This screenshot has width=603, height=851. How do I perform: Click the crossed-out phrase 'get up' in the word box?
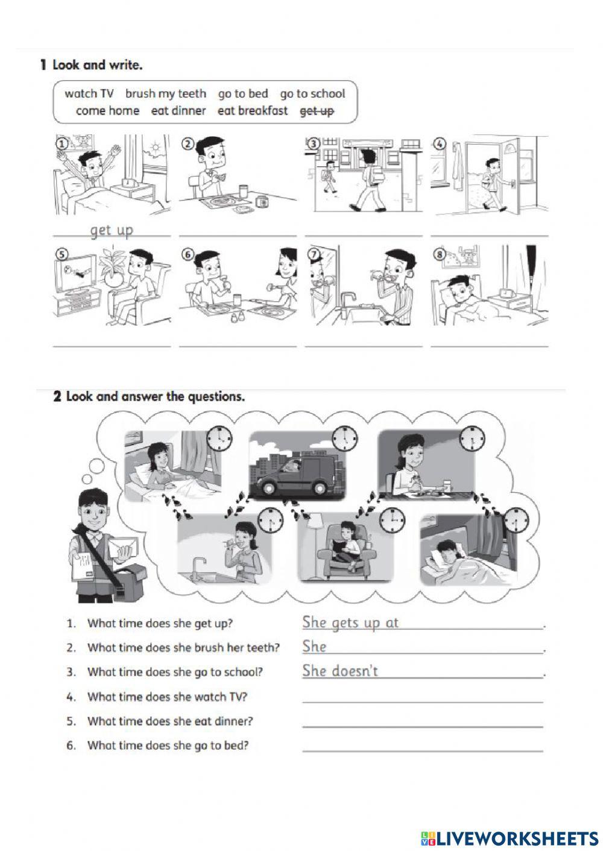[x=317, y=111]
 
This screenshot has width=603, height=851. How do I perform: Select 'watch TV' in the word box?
[x=89, y=93]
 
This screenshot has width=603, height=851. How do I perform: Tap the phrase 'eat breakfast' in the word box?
[x=252, y=111]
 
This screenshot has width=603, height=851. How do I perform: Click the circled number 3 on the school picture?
[x=314, y=143]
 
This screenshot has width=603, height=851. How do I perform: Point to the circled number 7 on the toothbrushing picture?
[x=314, y=254]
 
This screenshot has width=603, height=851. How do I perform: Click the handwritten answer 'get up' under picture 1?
[x=112, y=230]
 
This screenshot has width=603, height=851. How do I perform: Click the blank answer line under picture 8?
[x=489, y=345]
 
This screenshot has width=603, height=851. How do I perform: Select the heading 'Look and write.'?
[x=97, y=65]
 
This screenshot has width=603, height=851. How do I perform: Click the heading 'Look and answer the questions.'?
[x=155, y=396]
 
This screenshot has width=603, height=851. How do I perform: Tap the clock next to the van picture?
[x=344, y=438]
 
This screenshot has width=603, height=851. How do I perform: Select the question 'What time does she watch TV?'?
[x=167, y=697]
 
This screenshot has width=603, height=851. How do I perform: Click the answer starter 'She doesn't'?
[x=340, y=671]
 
